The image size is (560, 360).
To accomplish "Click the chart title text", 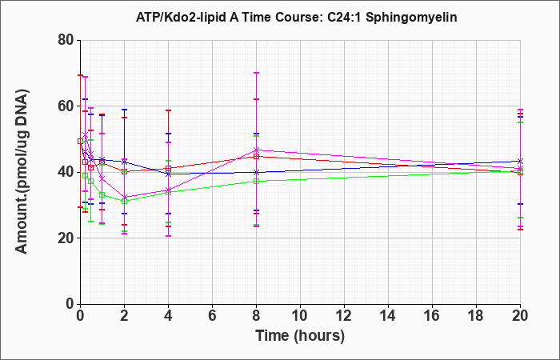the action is (x=297, y=17).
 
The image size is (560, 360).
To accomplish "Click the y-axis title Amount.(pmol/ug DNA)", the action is (x=22, y=171).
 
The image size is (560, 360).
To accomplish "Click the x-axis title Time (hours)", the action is (x=300, y=336).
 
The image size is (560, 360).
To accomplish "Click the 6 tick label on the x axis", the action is (x=212, y=316).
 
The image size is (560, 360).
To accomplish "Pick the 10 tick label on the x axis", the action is (x=300, y=316).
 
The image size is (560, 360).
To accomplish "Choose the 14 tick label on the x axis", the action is (x=388, y=316).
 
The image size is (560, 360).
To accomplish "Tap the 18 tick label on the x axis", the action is (x=476, y=316).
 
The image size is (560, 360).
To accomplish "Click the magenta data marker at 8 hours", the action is (x=256, y=150).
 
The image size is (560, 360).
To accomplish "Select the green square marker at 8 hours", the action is (x=256, y=181).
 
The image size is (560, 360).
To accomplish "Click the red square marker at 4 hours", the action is (x=168, y=168).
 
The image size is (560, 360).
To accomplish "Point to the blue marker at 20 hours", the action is (x=520, y=161).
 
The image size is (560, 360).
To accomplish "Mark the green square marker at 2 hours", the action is (x=124, y=201).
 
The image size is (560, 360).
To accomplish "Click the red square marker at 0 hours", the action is (x=80, y=141).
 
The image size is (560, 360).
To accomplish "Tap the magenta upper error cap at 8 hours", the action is (x=256, y=73).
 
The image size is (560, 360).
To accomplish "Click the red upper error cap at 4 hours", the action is (x=168, y=110).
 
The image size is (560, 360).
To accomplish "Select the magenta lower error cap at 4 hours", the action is (x=168, y=236).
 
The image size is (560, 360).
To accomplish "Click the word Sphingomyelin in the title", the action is (x=411, y=18).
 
